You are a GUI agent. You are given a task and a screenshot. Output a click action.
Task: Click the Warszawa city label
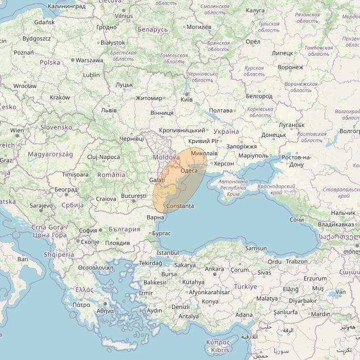[x=89, y=60]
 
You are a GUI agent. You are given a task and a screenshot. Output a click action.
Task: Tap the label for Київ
[x=186, y=100]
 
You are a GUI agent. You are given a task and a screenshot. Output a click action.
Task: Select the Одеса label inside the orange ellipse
[x=189, y=171]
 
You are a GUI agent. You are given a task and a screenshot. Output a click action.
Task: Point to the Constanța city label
[x=180, y=206]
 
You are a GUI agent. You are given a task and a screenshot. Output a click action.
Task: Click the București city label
[x=133, y=196]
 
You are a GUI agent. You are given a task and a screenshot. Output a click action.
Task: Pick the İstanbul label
[x=168, y=253]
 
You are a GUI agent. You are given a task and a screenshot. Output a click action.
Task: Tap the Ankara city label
[x=214, y=269]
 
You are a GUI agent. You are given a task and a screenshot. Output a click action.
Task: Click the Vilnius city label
[x=124, y=16]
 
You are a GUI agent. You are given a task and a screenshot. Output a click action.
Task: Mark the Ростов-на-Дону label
[x=296, y=161]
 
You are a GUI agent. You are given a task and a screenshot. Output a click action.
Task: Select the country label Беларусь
[x=152, y=29]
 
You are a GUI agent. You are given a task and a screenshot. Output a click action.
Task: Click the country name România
[x=111, y=174]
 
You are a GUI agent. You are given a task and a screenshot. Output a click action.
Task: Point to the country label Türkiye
[x=245, y=287]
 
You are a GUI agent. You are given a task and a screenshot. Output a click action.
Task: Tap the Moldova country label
[x=166, y=157]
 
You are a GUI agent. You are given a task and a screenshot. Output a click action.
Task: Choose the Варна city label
[x=156, y=217]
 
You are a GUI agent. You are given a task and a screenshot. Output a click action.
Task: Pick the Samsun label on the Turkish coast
[x=256, y=248]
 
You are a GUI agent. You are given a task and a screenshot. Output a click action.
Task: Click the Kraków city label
[x=59, y=97]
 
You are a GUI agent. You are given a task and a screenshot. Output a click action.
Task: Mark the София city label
[x=87, y=231]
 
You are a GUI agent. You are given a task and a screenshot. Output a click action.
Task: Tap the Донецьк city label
[x=274, y=135]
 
